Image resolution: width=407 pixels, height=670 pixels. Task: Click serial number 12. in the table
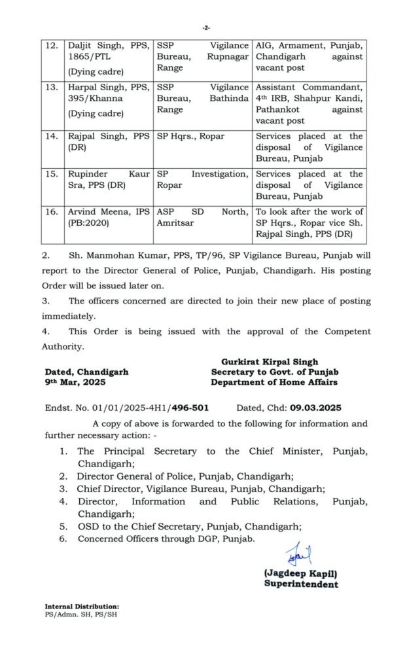click(51, 46)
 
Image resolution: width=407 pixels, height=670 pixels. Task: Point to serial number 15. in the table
click(51, 174)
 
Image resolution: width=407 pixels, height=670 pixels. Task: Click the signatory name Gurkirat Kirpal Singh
click(270, 361)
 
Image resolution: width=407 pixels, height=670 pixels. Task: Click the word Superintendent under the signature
click(301, 584)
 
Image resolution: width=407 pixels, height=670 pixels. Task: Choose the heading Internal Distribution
click(82, 607)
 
